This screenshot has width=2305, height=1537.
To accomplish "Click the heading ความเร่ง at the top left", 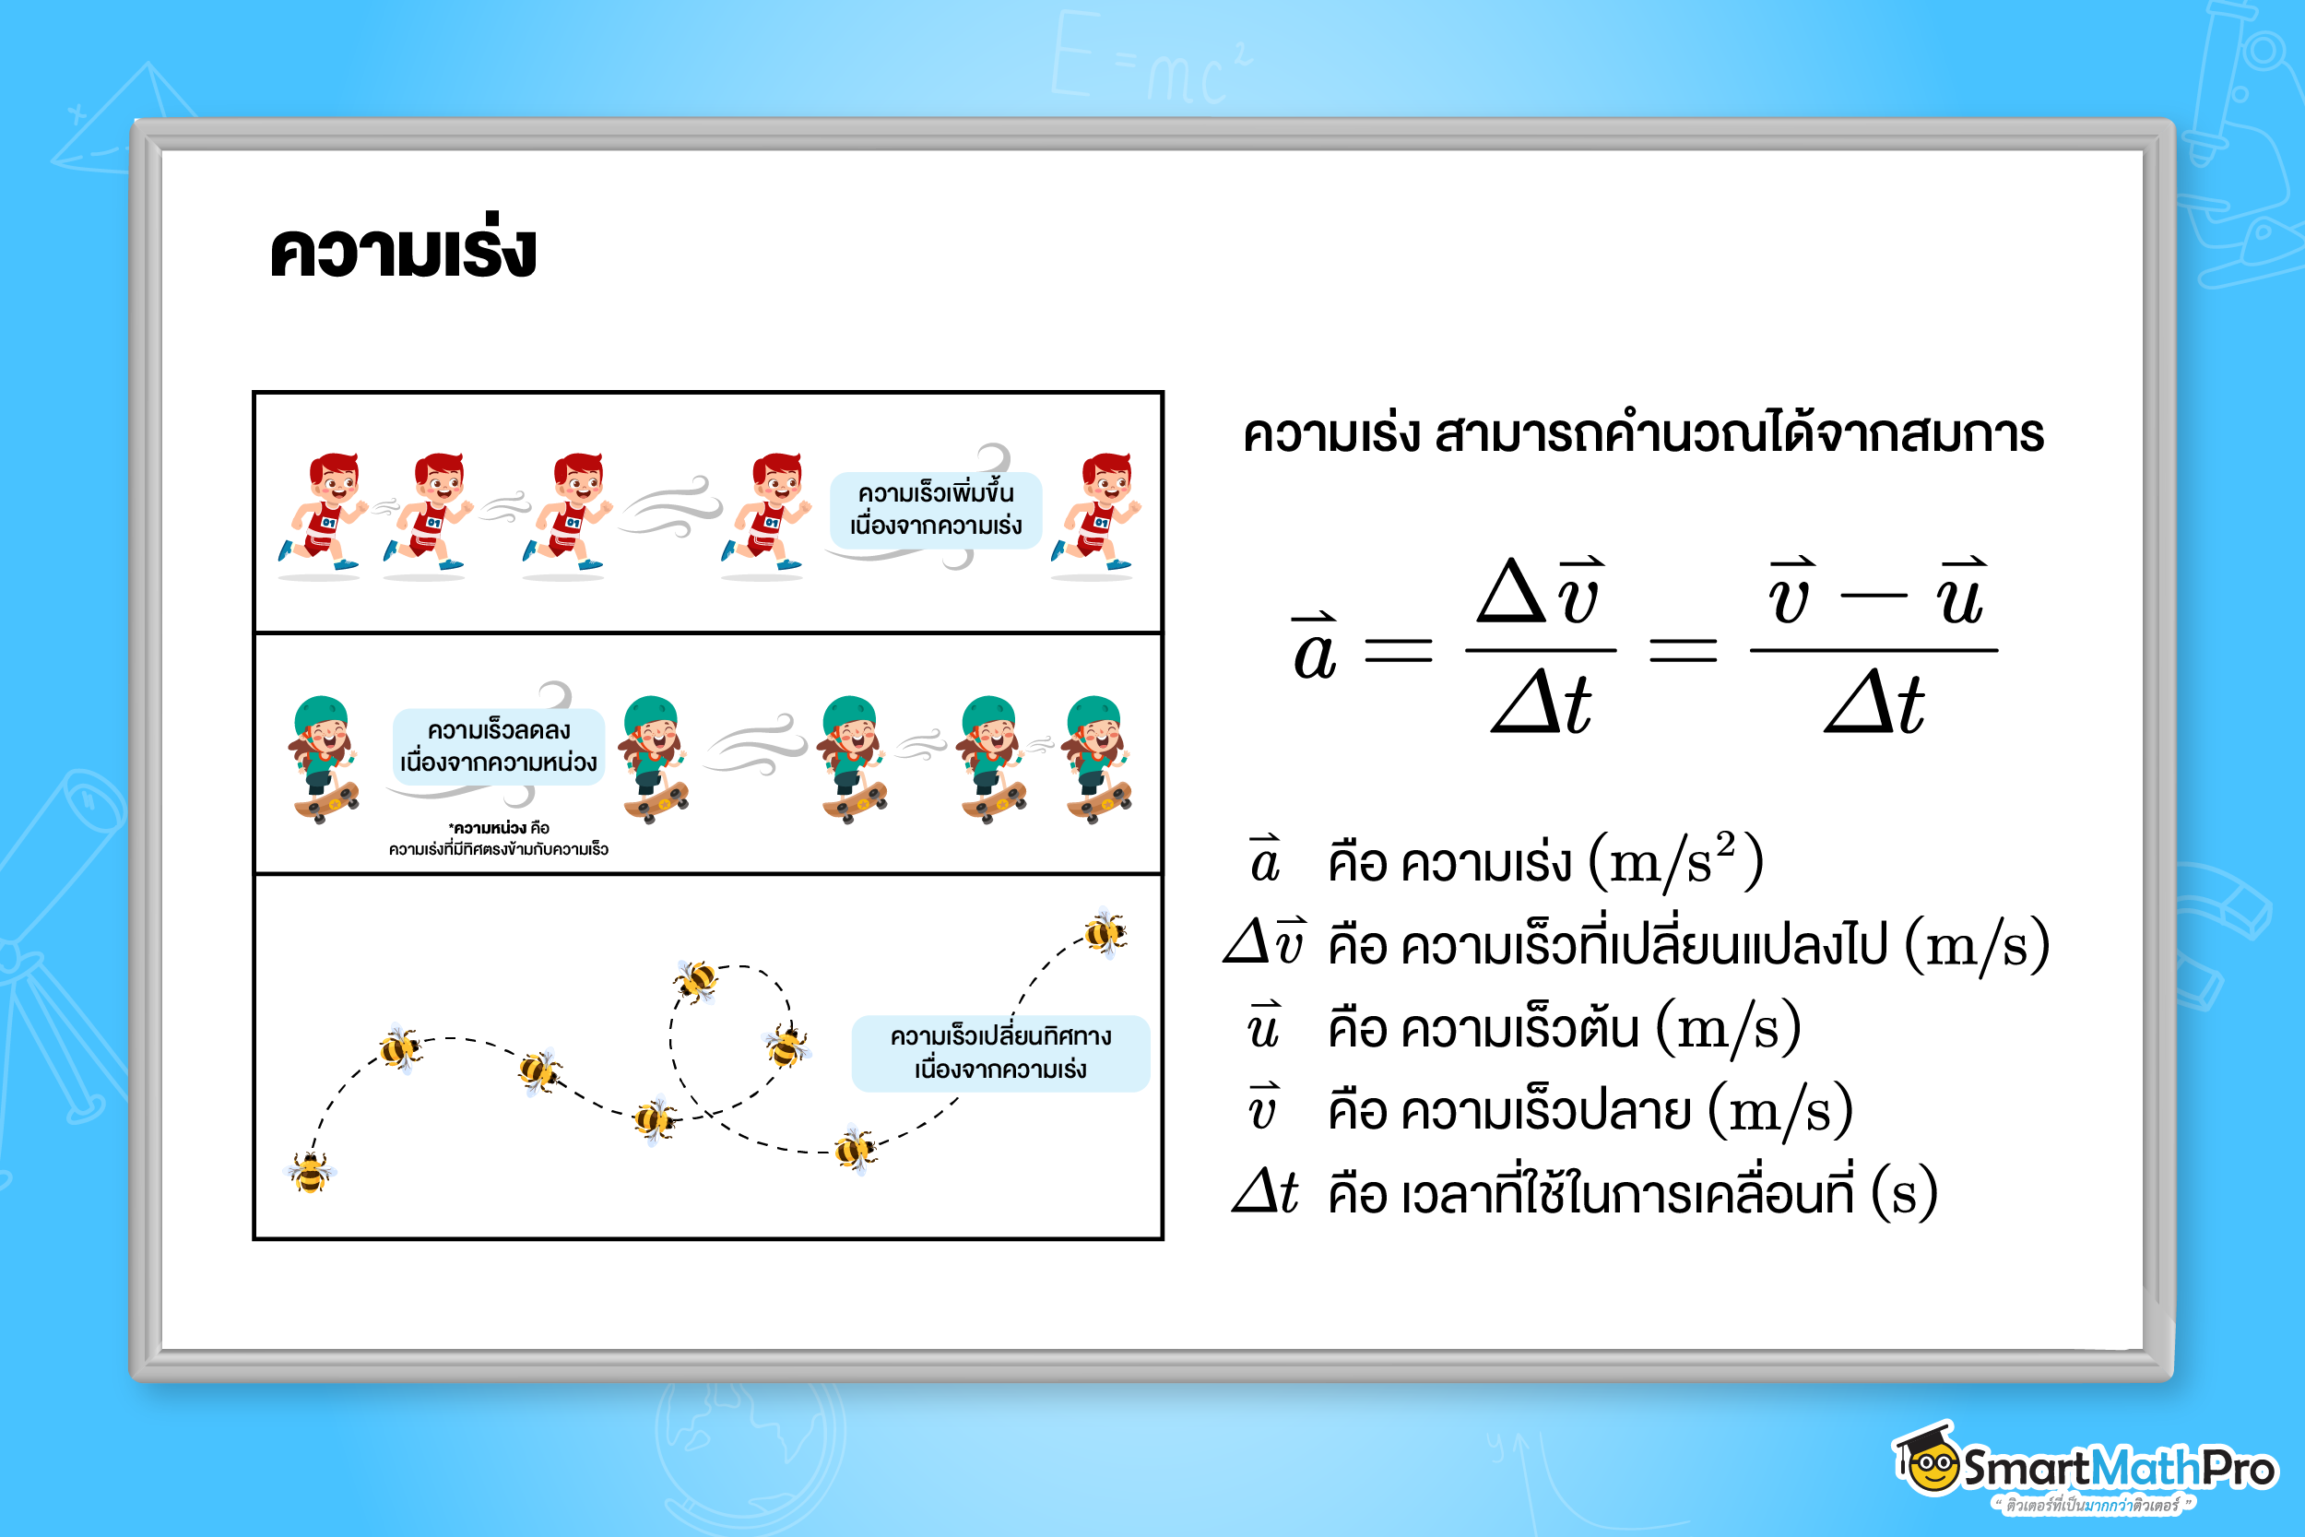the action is pos(403,247).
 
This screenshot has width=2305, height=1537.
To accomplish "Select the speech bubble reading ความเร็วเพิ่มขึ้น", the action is pos(935,510).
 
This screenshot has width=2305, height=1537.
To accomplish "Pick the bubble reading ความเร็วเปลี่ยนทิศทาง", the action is pos(1000,1053).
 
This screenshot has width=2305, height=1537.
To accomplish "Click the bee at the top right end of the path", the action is pos(1105,931).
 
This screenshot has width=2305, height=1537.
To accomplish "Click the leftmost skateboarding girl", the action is pos(324,760).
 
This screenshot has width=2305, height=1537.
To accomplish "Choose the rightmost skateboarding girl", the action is pos(1097,760).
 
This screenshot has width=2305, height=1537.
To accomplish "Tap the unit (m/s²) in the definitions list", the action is pos(1676,860).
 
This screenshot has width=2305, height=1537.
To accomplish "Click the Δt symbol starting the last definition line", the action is pos(1265,1191).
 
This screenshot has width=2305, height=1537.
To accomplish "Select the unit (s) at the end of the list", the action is pos(1904,1194).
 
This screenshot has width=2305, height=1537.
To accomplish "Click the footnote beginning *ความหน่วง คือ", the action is pos(499,838).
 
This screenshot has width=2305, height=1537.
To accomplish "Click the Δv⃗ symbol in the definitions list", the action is pos(1265,941).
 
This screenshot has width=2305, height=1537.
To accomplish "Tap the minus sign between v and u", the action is pos(1874,595).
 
